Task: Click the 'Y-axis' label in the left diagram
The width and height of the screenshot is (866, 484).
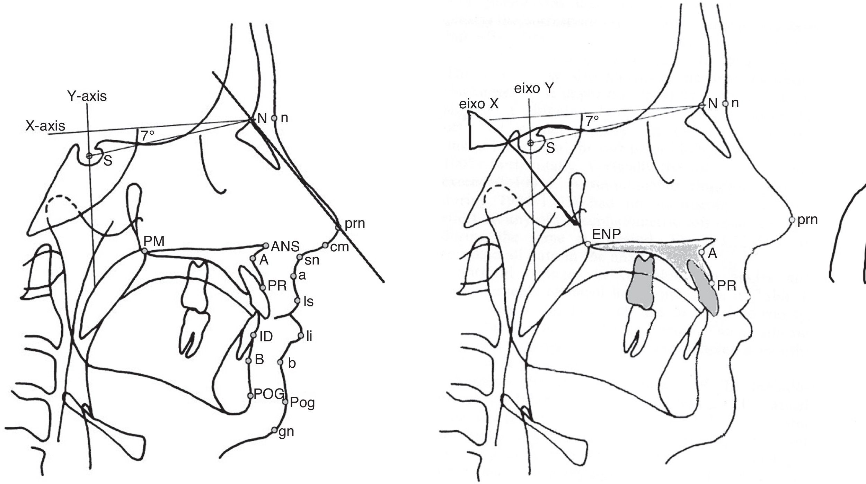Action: [x=87, y=96]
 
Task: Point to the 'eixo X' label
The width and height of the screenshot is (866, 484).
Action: [x=479, y=104]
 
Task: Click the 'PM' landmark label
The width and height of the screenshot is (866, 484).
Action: [x=154, y=241]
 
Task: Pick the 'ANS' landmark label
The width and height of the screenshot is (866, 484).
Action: [x=285, y=247]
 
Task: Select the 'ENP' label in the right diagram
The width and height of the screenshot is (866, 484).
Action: [x=606, y=235]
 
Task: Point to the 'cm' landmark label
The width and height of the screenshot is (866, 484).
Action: [x=339, y=247]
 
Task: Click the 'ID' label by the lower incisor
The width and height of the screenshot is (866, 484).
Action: [x=266, y=337]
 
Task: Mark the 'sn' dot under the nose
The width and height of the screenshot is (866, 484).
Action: [x=300, y=257]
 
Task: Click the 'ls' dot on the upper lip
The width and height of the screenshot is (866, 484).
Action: [x=297, y=301]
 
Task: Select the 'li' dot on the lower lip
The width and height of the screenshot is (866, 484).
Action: [x=300, y=335]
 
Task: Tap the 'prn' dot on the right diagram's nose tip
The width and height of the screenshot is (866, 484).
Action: [x=792, y=219]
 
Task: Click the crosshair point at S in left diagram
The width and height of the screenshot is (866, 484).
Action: [x=89, y=156]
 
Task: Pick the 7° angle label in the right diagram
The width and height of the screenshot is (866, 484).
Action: [x=592, y=121]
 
